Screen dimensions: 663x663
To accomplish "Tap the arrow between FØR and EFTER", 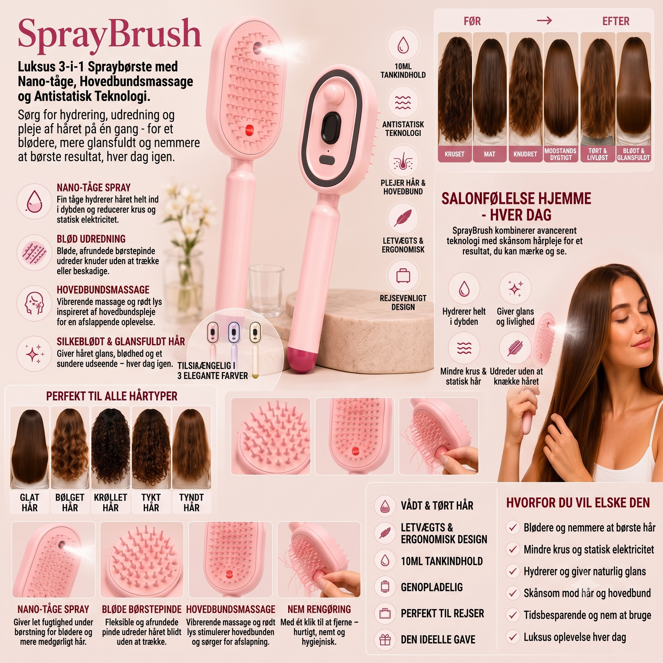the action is pos(544,21).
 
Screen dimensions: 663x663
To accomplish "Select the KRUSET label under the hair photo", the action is pos(454,154).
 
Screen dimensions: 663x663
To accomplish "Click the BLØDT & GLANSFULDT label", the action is pos(634,154).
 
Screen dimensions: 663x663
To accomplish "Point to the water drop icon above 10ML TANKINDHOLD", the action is pos(403,45).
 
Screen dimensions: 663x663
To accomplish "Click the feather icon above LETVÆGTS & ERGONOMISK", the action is pos(403,218).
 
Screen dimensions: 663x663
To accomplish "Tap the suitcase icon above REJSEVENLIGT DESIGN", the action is pos(403,276).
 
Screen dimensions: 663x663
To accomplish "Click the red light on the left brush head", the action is pos(250,130).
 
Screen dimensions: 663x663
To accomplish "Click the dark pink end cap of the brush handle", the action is pos(300,360).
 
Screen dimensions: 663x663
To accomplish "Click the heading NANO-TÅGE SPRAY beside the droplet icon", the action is pos(94,188).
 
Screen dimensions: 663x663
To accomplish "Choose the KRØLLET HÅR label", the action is pos(111,502).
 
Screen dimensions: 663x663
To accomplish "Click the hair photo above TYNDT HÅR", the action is pos(191,448).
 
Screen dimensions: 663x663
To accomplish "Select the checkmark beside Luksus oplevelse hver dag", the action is pos(513,637).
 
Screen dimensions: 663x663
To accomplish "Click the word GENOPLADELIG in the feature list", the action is pos(431,587).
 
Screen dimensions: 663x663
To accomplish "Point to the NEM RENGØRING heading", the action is pos(319,609).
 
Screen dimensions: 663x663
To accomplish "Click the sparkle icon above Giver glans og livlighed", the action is pos(515,288).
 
